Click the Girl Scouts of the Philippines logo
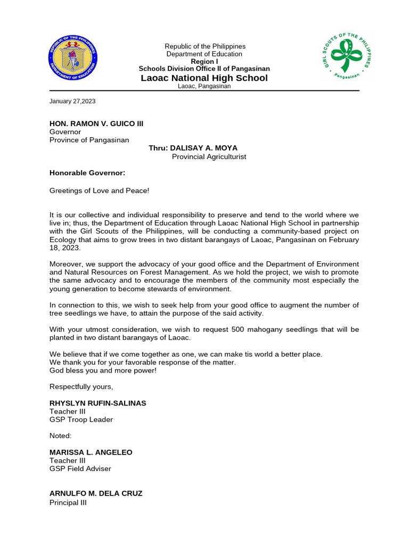pyautogui.click(x=346, y=56)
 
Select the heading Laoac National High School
pyautogui.click(x=204, y=78)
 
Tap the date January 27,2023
pyautogui.click(x=72, y=101)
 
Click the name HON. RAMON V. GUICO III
pyautogui.click(x=96, y=123)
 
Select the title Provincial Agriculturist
pyautogui.click(x=209, y=157)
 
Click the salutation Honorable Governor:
pyautogui.click(x=87, y=173)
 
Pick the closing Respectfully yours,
pyautogui.click(x=81, y=386)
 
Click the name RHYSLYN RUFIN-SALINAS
pyautogui.click(x=98, y=403)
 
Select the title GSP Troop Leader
pyautogui.click(x=81, y=419)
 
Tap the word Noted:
pyautogui.click(x=61, y=436)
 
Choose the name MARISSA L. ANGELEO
pyautogui.click(x=91, y=452)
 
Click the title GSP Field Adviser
pyautogui.click(x=80, y=469)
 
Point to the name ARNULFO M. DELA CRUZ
pyautogui.click(x=96, y=493)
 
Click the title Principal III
pyautogui.click(x=68, y=502)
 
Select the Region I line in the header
pyautogui.click(x=204, y=62)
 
